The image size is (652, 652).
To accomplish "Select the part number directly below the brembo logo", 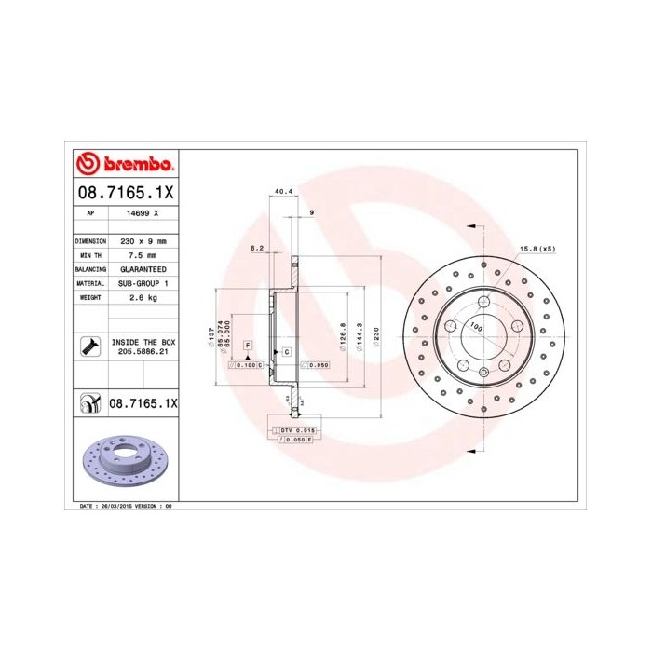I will [124, 193].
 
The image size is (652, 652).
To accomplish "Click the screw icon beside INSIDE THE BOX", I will [90, 347].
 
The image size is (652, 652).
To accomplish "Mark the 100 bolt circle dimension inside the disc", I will [476, 327].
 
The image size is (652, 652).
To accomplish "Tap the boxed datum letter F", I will [248, 346].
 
